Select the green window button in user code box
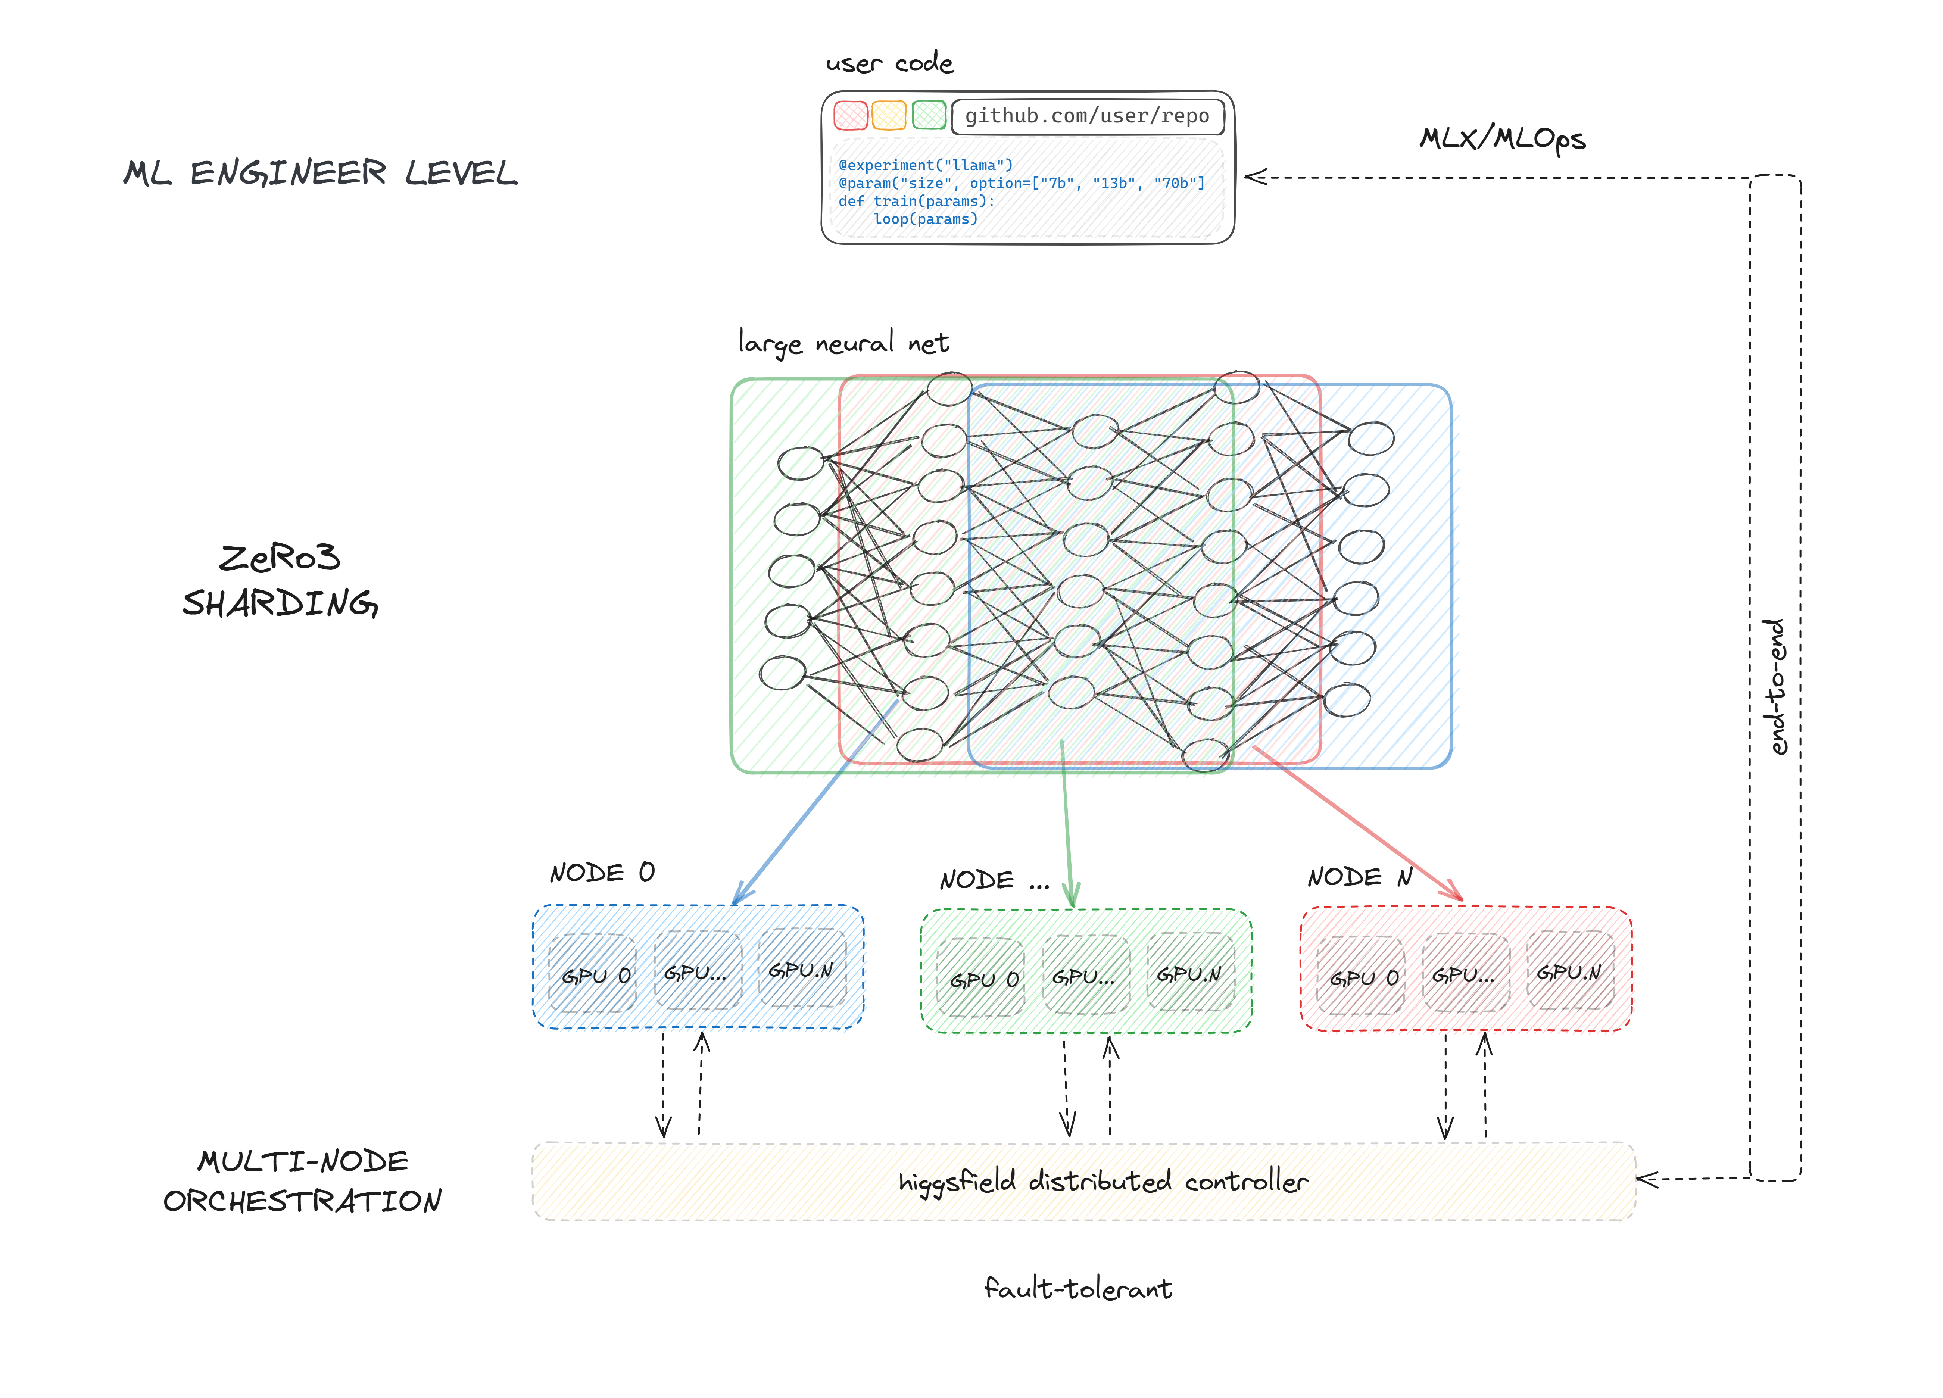pos(929,115)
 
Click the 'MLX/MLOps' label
pos(1503,139)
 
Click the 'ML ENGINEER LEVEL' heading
pos(320,173)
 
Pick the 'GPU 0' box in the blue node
pos(593,974)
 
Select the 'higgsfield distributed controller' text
pos(1103,1181)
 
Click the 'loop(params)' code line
pos(925,219)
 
